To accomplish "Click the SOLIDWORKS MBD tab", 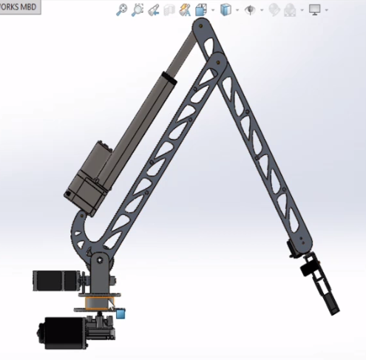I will pos(19,7).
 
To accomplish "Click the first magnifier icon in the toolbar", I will pos(123,10).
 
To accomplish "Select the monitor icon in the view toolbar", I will pos(316,10).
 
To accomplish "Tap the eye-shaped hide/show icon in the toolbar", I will pos(251,10).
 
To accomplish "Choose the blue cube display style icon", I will pos(226,10).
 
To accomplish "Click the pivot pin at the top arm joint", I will pos(200,29).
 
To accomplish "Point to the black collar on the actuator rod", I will pos(171,76).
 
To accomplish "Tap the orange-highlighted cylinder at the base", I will pos(95,302).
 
